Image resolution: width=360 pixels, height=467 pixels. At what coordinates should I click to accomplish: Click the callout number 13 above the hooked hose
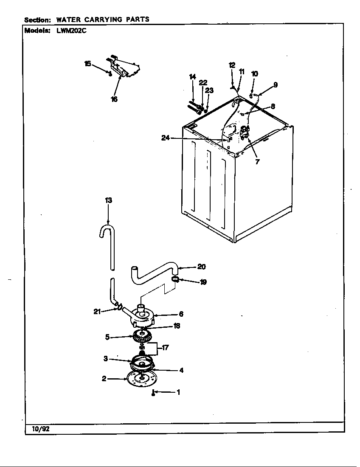(108, 200)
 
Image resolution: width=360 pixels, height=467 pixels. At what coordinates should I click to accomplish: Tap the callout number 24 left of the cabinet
(166, 138)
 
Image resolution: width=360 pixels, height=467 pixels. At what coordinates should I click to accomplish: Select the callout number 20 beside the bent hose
(201, 267)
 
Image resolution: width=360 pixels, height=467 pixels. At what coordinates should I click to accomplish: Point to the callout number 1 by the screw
(178, 392)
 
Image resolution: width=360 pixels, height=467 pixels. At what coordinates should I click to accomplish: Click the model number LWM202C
(71, 31)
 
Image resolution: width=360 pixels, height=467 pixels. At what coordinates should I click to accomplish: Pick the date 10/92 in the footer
(41, 429)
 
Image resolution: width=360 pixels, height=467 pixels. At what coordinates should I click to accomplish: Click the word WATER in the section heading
(71, 20)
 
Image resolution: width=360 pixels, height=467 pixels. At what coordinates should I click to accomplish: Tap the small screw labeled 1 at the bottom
(152, 393)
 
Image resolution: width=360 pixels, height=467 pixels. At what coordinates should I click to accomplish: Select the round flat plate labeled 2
(140, 379)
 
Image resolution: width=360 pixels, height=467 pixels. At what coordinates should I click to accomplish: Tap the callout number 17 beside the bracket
(165, 348)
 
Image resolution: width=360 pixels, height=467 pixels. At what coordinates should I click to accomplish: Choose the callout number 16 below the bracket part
(114, 99)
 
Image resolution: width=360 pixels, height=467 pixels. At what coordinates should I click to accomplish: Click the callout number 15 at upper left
(87, 64)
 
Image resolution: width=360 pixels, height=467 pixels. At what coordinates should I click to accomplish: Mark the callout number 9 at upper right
(276, 84)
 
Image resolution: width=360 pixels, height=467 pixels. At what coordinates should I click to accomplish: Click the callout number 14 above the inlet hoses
(192, 77)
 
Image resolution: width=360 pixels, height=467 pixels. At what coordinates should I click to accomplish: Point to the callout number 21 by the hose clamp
(97, 312)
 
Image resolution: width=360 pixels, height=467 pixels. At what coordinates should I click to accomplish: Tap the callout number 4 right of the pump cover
(181, 370)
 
